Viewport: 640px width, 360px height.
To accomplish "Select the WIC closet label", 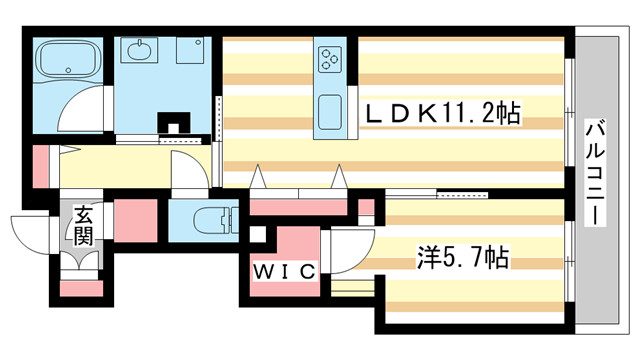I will (284, 271).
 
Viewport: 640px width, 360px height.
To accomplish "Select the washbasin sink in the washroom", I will (138, 50).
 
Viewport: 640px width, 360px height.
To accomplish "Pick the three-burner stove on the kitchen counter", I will (331, 59).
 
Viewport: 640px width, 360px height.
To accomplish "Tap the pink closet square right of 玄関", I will (138, 218).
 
